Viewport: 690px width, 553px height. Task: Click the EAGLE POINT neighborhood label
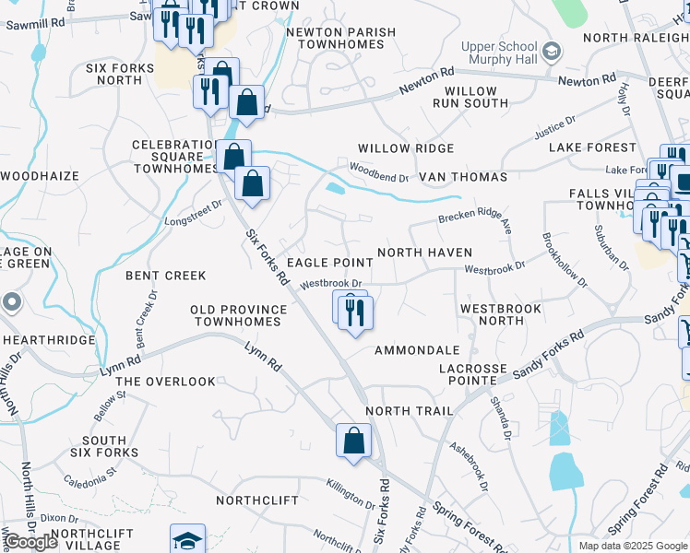coord(330,264)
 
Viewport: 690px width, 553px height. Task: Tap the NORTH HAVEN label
coord(424,253)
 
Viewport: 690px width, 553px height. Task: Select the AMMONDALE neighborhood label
coord(417,351)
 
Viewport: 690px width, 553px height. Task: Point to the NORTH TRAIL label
coord(409,411)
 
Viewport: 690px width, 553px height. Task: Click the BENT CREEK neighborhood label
coord(166,276)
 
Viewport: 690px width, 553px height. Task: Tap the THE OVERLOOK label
coord(166,382)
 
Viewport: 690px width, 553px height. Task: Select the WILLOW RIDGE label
coord(406,148)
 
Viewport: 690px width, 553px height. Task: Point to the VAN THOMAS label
coord(463,177)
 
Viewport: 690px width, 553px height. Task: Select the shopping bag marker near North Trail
coord(353,442)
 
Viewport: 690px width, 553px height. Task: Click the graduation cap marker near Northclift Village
coord(187,540)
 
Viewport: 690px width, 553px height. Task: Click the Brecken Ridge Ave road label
coord(474,218)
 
